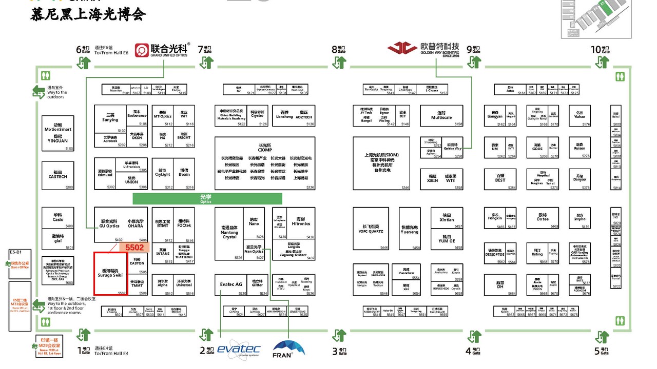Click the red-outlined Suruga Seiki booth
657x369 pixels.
110,273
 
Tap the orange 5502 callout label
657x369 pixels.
134,248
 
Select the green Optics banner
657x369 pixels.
207,198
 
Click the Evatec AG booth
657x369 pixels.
231,285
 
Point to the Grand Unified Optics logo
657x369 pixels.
162,50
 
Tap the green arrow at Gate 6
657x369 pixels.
84,63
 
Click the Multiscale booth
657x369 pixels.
441,116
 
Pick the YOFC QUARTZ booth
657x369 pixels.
373,229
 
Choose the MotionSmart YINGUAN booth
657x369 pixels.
57,133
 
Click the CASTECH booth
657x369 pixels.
57,174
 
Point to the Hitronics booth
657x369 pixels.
301,222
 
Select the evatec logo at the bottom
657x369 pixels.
239,349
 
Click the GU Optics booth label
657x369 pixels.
109,224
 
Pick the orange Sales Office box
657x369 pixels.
20,265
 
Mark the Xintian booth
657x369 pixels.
447,218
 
